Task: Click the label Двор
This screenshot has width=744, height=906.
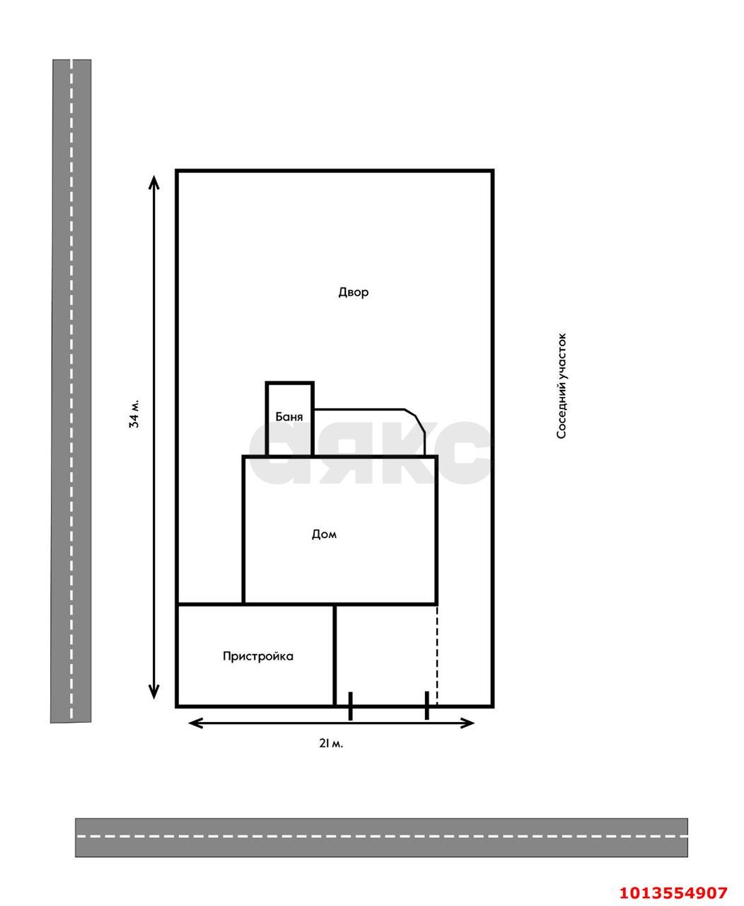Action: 354,292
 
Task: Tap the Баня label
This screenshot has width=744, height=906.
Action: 289,417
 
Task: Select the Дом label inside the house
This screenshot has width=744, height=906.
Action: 324,534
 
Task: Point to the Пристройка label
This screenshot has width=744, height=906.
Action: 258,656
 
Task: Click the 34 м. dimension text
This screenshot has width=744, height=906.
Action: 134,413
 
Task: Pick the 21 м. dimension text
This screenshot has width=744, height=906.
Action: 331,743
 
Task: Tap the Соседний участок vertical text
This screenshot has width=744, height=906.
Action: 562,386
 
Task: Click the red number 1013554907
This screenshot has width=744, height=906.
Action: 673,878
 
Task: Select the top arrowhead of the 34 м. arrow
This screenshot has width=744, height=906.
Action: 153,182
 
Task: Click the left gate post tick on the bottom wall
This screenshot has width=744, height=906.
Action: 350,706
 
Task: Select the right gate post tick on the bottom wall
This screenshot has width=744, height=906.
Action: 426,705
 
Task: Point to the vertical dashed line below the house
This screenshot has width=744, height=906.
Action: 437,655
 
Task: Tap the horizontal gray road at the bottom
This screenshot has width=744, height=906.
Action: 381,837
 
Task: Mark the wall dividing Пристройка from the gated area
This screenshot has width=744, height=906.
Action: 335,655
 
